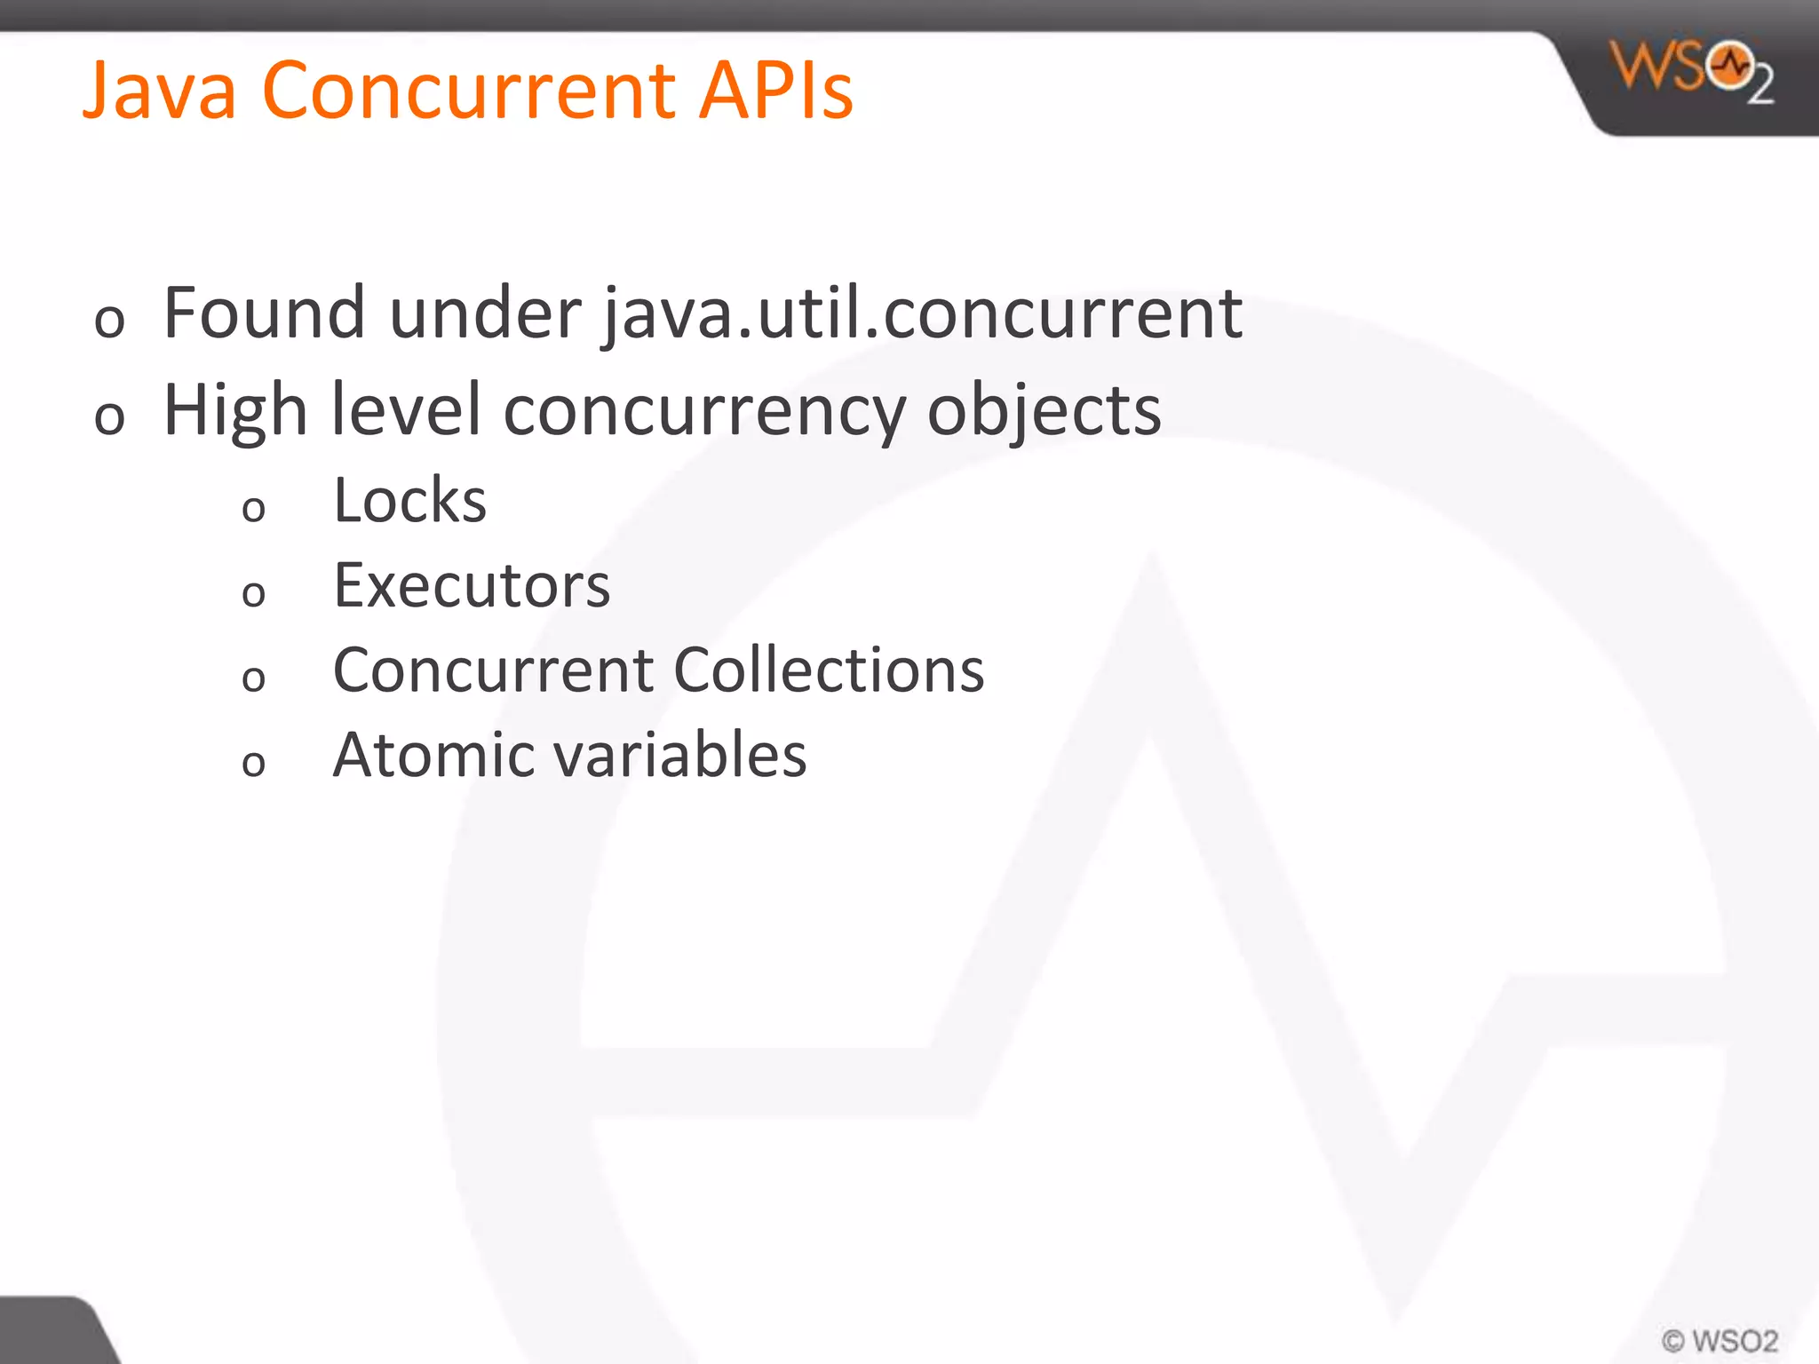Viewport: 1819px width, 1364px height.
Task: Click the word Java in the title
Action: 160,91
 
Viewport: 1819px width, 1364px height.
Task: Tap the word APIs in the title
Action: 775,91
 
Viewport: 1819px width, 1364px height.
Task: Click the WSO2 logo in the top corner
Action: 1691,71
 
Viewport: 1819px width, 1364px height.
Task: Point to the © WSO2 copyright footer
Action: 1720,1340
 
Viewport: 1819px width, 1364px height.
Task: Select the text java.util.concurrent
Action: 922,314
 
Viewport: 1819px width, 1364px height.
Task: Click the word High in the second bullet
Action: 235,410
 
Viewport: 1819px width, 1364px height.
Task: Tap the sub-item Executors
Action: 472,586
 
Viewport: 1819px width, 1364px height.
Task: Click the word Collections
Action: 829,670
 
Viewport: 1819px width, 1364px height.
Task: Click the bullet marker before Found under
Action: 109,321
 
